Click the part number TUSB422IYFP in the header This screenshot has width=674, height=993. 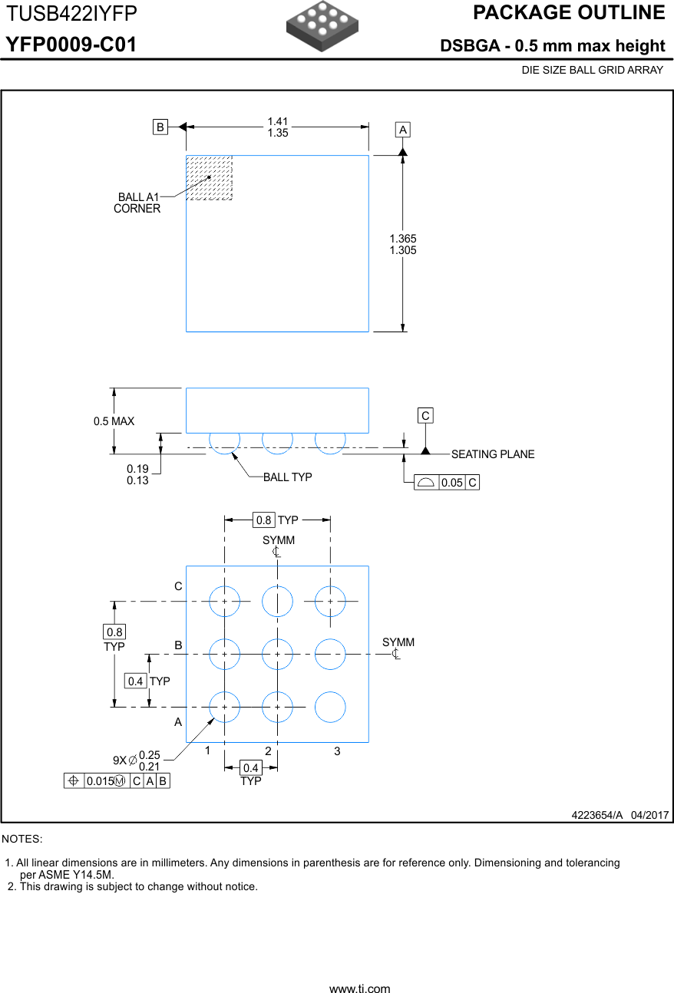tap(73, 14)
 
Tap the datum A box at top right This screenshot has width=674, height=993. tap(403, 130)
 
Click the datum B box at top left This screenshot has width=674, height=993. tap(160, 127)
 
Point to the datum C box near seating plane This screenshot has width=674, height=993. tap(425, 415)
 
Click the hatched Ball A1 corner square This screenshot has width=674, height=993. tap(210, 178)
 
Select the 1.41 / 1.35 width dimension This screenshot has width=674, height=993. tap(278, 127)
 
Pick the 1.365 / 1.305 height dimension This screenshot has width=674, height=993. tap(403, 245)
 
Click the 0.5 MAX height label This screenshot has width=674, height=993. tap(114, 421)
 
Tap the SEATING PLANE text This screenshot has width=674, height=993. tap(492, 454)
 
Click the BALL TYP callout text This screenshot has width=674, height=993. tap(287, 477)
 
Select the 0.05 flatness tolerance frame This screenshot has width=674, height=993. tap(446, 483)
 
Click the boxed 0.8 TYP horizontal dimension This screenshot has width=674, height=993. tap(276, 521)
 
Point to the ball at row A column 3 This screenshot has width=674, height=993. tap(330, 707)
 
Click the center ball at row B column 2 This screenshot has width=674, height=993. tap(277, 655)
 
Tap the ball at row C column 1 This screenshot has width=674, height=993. tap(225, 602)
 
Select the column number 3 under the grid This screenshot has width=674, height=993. tap(337, 751)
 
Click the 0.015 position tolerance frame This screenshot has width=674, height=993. tap(117, 781)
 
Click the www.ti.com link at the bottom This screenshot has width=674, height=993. tap(359, 988)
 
